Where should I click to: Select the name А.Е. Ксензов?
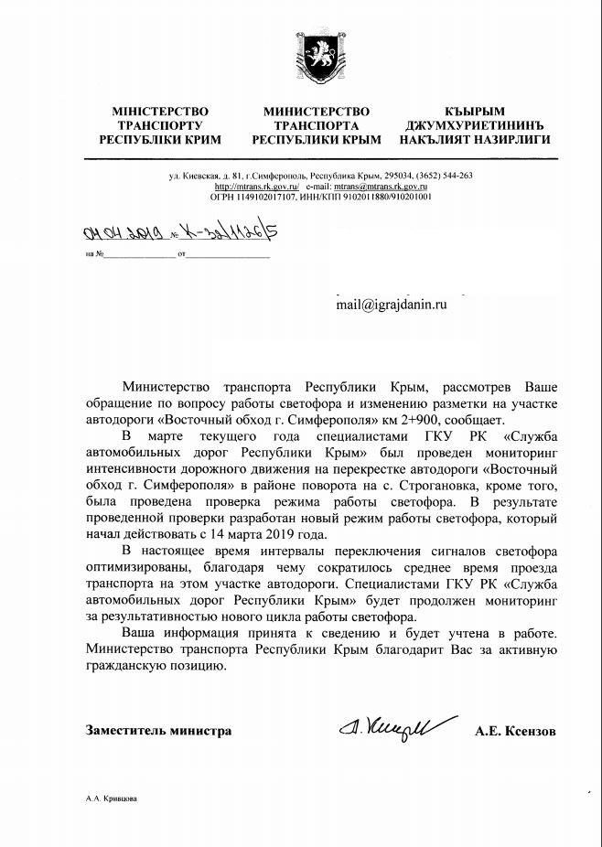(x=515, y=731)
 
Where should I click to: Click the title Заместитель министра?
(x=158, y=731)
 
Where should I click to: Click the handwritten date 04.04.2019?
(x=116, y=233)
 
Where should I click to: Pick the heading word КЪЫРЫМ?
(x=473, y=110)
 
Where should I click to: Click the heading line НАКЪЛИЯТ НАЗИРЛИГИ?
(x=473, y=142)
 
